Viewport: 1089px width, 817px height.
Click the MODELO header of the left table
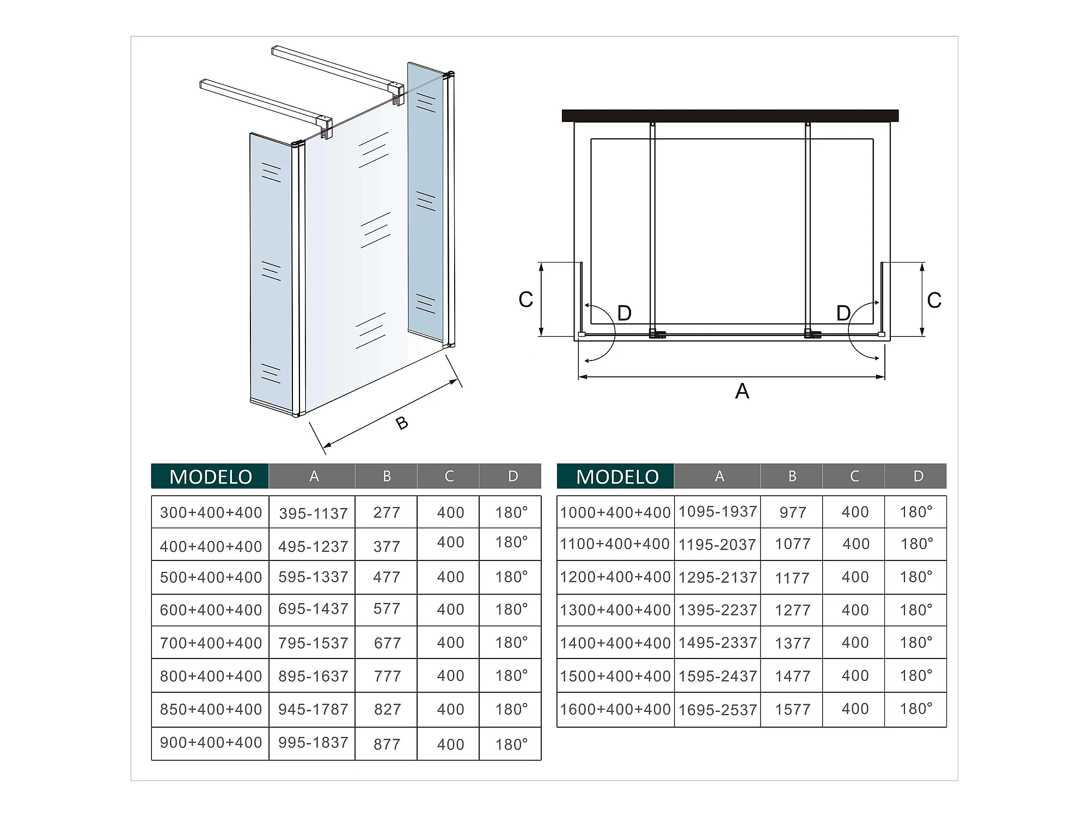(x=210, y=477)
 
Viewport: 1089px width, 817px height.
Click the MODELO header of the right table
(x=617, y=477)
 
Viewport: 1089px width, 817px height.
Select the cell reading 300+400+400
(x=211, y=513)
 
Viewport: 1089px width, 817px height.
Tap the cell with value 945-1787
(x=313, y=709)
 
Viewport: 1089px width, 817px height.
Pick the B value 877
(x=387, y=744)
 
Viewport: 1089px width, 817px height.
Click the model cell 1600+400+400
(x=615, y=709)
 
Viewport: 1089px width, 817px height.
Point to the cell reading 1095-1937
(x=718, y=511)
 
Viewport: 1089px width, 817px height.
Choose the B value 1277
(x=793, y=610)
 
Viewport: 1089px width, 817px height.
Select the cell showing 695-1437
(x=313, y=609)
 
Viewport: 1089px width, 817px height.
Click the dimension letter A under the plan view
(x=742, y=391)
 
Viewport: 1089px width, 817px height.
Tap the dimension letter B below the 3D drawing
(x=402, y=423)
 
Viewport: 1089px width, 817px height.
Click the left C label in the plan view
(x=526, y=300)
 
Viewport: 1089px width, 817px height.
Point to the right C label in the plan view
(x=934, y=300)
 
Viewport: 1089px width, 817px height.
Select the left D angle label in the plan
(x=625, y=313)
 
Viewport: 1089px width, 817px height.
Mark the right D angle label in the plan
(x=843, y=313)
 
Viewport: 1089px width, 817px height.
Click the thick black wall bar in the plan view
(x=730, y=115)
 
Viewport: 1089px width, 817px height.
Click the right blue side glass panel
(x=425, y=202)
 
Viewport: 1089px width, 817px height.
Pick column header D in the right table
(x=919, y=476)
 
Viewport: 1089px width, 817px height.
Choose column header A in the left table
(x=314, y=476)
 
